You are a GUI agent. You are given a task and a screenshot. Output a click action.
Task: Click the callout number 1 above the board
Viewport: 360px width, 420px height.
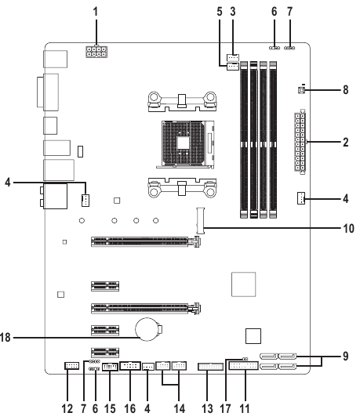(96, 12)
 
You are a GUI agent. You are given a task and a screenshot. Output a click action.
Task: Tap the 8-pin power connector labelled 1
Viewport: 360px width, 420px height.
(96, 52)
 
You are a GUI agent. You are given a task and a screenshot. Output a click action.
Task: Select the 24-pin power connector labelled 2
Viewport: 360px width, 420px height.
(300, 142)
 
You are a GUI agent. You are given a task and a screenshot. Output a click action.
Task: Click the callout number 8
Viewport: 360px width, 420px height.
(346, 90)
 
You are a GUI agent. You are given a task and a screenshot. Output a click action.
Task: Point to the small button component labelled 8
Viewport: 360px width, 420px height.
(301, 90)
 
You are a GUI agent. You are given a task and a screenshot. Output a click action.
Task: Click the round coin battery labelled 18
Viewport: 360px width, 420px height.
(147, 329)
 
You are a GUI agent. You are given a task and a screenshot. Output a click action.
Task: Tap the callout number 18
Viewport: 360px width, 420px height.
(5, 338)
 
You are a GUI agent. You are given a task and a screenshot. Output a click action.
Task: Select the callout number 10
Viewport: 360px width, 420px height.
(348, 229)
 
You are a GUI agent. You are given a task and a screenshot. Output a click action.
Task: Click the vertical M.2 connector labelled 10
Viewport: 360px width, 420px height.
(200, 220)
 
